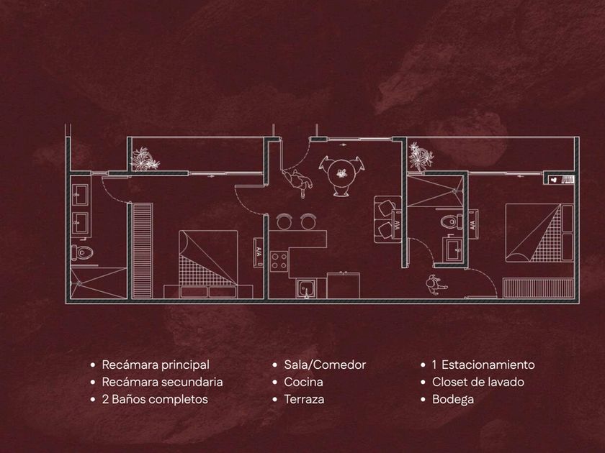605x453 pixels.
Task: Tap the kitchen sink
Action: pos(307,289)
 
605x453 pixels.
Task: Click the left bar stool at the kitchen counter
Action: pos(283,221)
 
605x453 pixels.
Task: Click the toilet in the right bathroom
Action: pos(452,221)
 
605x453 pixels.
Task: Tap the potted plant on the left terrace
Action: pos(145,159)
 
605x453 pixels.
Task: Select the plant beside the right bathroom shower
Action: pos(418,155)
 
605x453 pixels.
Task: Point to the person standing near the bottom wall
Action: pos(434,285)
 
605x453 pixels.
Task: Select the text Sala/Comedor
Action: pos(325,365)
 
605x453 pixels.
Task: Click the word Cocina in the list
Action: pos(303,383)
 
